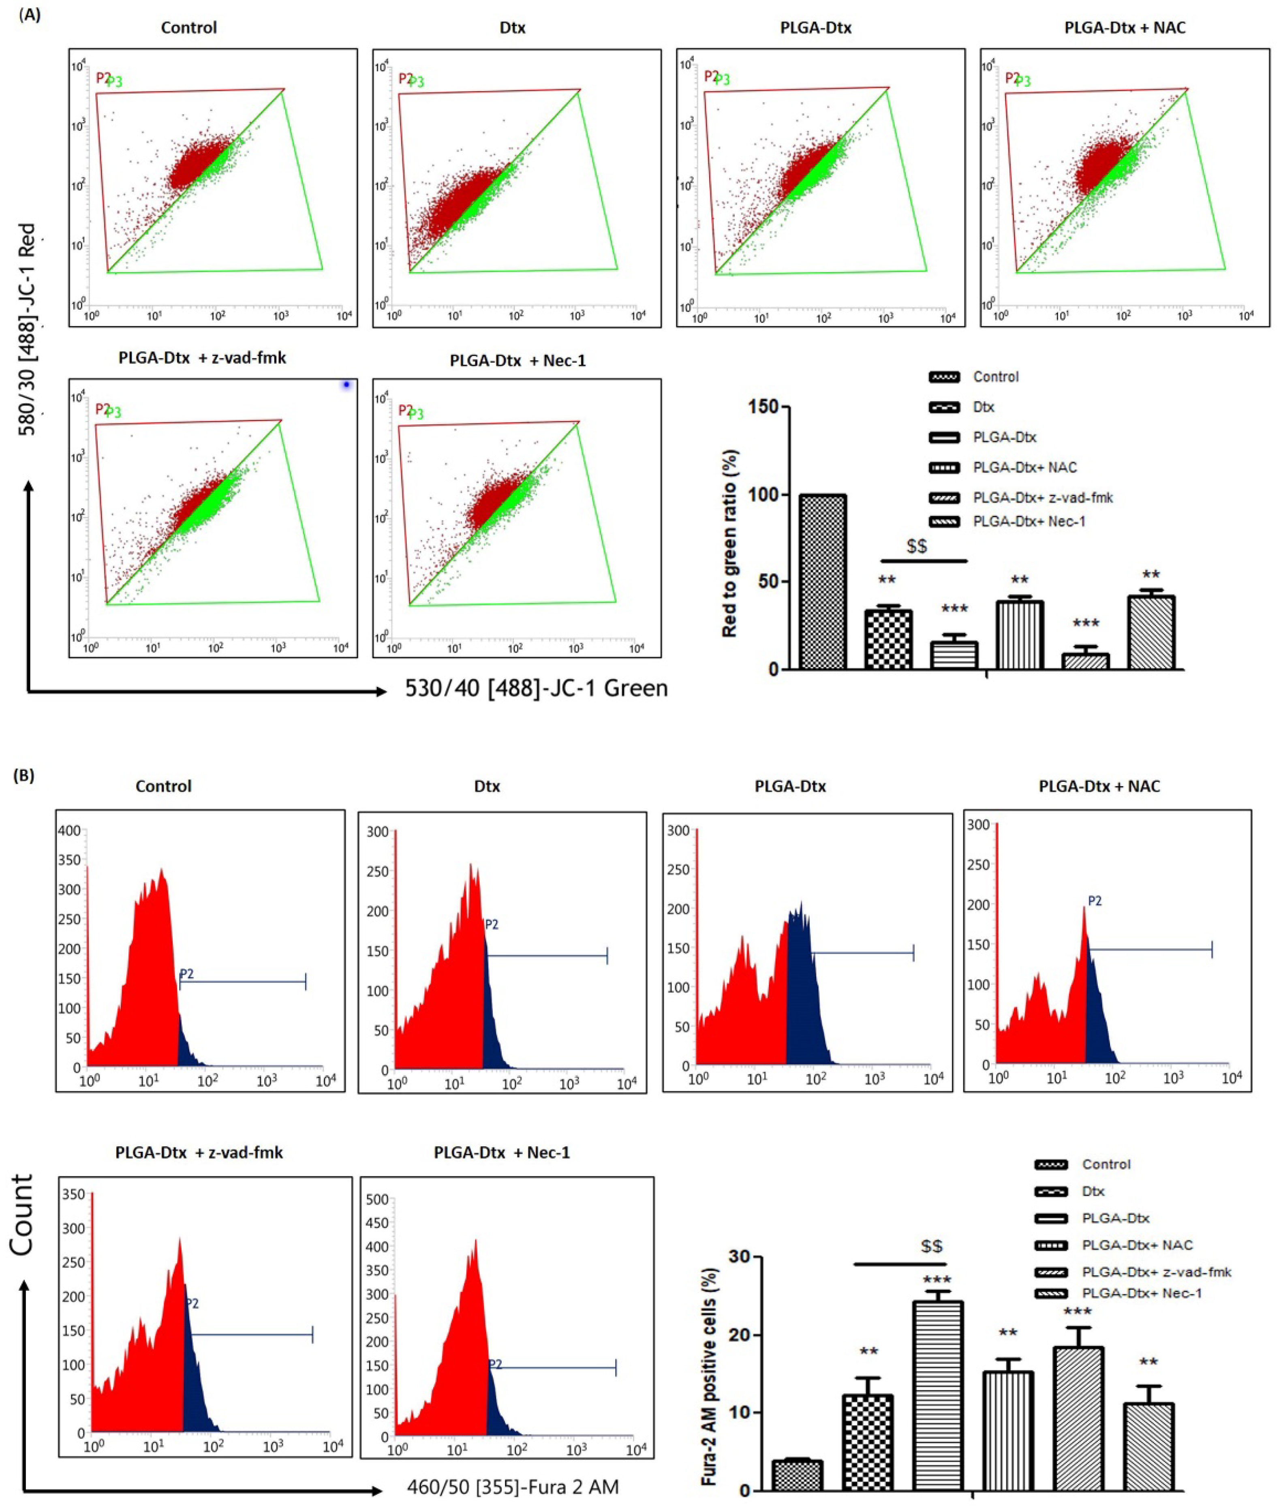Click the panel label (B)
click(24, 775)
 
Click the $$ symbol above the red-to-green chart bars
click(916, 546)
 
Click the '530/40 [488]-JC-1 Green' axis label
click(536, 688)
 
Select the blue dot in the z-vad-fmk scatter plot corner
click(346, 385)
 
